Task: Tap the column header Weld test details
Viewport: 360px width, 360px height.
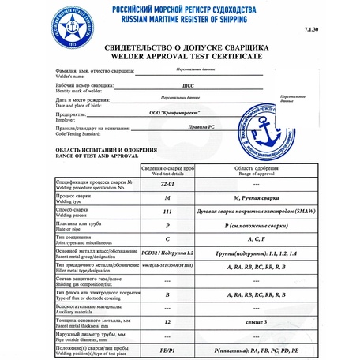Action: (x=167, y=173)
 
